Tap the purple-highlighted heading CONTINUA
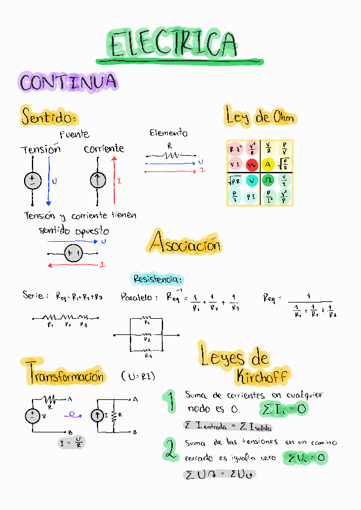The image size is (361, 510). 67,82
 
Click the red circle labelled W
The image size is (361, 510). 251,164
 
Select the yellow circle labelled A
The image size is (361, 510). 268,164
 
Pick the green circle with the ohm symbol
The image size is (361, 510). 268,180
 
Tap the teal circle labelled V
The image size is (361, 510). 251,180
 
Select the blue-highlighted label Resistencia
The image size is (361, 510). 157,279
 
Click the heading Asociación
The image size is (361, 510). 185,244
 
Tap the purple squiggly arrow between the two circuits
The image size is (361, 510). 75,414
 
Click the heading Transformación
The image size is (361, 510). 65,376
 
